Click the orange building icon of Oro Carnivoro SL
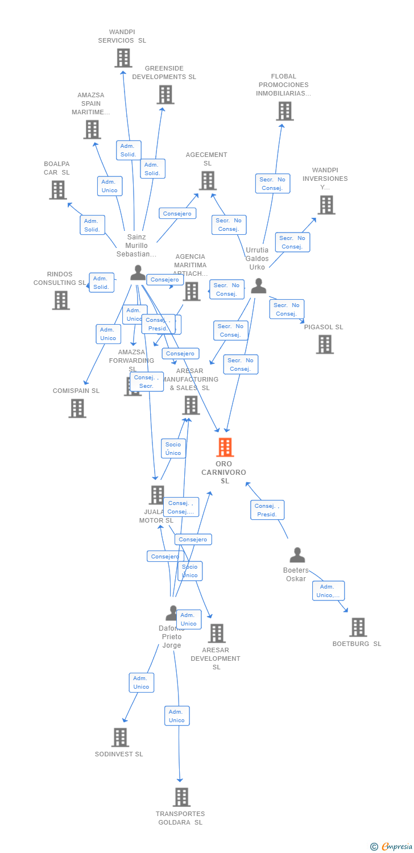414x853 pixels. click(x=225, y=448)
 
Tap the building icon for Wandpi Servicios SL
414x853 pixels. click(x=123, y=58)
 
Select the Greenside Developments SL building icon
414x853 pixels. click(x=165, y=94)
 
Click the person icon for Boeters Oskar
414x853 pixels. click(x=297, y=555)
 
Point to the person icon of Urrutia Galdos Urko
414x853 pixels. click(x=259, y=286)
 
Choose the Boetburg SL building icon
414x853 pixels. click(x=358, y=627)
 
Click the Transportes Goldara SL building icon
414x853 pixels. click(x=181, y=797)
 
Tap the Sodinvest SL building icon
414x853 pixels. click(x=120, y=738)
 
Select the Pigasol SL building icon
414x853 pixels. click(x=324, y=344)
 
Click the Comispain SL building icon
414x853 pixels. click(x=77, y=408)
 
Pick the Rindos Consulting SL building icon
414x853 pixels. click(x=61, y=300)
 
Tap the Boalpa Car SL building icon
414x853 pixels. click(x=57, y=190)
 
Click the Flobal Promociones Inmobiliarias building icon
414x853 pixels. click(x=284, y=111)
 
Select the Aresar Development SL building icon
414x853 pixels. click(x=216, y=633)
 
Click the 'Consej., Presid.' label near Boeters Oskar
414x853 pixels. click(x=267, y=510)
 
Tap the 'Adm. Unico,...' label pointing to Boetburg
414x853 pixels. click(x=328, y=591)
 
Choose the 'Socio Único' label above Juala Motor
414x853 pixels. click(x=173, y=449)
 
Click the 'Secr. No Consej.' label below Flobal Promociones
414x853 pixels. click(x=272, y=184)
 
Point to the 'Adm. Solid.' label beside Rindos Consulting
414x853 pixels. click(x=101, y=283)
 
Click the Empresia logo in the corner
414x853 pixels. click(x=392, y=847)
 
